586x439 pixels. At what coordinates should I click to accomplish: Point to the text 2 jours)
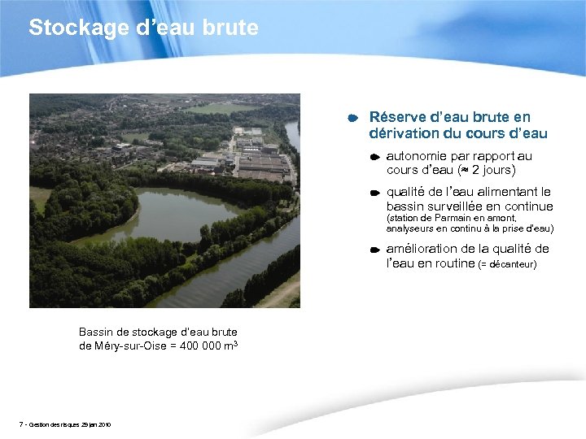[494, 171]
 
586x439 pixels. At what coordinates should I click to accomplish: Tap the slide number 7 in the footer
[20, 424]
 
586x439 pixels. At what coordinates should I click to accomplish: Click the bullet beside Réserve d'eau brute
[354, 119]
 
